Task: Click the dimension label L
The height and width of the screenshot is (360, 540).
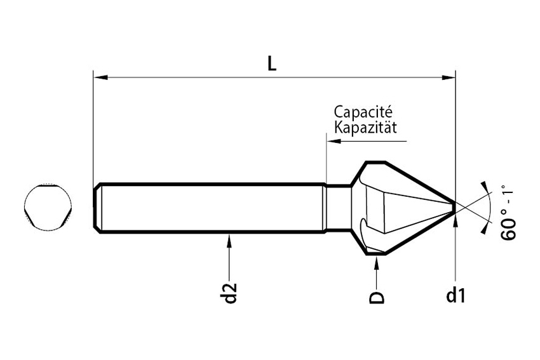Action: point(272,63)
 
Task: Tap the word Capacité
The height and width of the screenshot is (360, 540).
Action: point(363,112)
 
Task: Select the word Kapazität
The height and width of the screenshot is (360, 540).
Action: point(365,127)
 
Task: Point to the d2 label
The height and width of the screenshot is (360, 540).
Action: point(231,293)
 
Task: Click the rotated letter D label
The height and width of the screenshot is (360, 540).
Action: point(377,297)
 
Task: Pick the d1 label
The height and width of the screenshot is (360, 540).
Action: point(456,295)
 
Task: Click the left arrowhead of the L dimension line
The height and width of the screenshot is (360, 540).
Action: point(100,77)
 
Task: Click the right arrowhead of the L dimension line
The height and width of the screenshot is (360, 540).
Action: point(449,77)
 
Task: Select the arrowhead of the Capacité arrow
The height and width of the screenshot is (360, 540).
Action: point(334,141)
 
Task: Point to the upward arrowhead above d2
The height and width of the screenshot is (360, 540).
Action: point(229,241)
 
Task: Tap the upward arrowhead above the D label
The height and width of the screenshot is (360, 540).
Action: point(377,262)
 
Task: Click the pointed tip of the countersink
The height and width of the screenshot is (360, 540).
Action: point(455,207)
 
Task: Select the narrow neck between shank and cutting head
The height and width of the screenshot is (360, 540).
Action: point(339,208)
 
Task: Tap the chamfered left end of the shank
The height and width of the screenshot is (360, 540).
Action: point(97,208)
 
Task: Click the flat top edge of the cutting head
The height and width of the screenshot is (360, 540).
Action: point(375,162)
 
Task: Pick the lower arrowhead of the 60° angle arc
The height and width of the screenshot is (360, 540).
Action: point(485,229)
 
